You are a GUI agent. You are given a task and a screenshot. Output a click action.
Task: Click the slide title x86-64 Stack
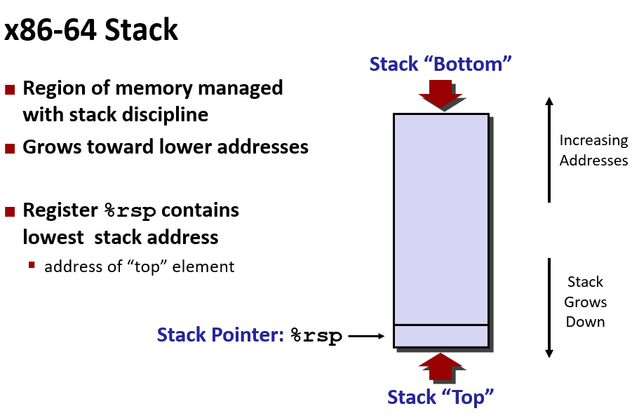(91, 31)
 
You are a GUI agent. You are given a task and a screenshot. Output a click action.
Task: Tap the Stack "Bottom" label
(441, 64)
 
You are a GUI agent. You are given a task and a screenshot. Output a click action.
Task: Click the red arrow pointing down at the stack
(441, 94)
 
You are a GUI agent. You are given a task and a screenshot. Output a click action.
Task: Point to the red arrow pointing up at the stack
(441, 366)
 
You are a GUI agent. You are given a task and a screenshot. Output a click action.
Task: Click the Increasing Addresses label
(593, 150)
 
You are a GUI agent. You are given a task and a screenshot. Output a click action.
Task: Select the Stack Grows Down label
(585, 302)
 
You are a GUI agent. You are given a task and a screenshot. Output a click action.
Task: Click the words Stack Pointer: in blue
(220, 335)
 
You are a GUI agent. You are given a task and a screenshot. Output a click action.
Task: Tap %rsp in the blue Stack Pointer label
(316, 336)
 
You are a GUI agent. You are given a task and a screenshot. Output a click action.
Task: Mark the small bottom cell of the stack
(441, 336)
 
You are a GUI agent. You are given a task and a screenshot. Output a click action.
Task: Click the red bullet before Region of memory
(10, 90)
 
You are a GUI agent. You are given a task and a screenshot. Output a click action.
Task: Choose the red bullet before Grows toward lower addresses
(10, 148)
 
